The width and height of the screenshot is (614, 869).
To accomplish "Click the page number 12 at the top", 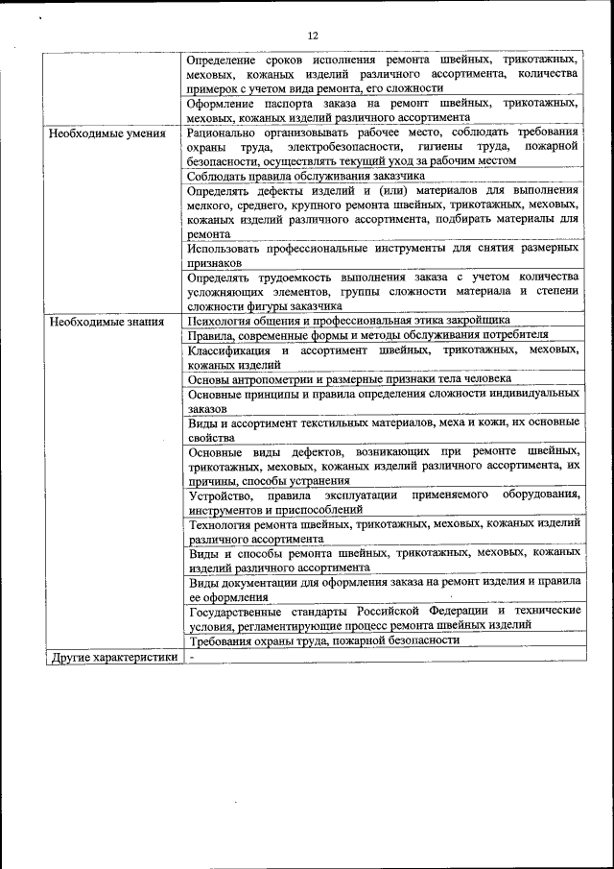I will (313, 36).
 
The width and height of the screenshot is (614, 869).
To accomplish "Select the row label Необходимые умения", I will (106, 133).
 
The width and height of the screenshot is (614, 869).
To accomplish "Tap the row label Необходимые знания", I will (106, 321).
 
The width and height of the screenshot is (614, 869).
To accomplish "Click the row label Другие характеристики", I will (113, 658).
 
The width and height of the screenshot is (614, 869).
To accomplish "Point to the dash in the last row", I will (192, 658).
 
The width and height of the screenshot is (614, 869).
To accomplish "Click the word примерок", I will (218, 87).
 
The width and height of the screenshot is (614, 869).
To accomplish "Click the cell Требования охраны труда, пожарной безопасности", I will (323, 640).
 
